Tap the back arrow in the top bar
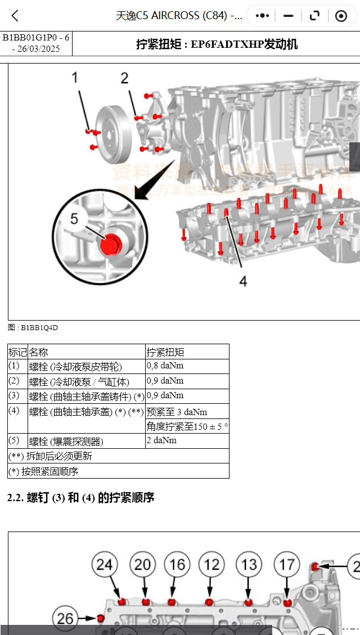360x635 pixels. [15, 16]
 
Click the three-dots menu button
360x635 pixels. [262, 16]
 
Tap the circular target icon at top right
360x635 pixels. [341, 16]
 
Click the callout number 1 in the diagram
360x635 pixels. [75, 78]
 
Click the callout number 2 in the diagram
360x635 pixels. [124, 78]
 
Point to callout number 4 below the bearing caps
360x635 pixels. [243, 281]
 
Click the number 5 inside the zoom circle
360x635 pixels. [74, 218]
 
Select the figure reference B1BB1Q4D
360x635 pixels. [33, 327]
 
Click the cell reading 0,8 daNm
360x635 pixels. [165, 366]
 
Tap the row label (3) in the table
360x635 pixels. [14, 396]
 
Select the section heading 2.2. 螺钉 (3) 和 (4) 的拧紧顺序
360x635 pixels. [80, 498]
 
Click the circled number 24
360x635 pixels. [105, 564]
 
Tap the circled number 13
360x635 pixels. [249, 564]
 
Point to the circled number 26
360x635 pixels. [65, 618]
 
